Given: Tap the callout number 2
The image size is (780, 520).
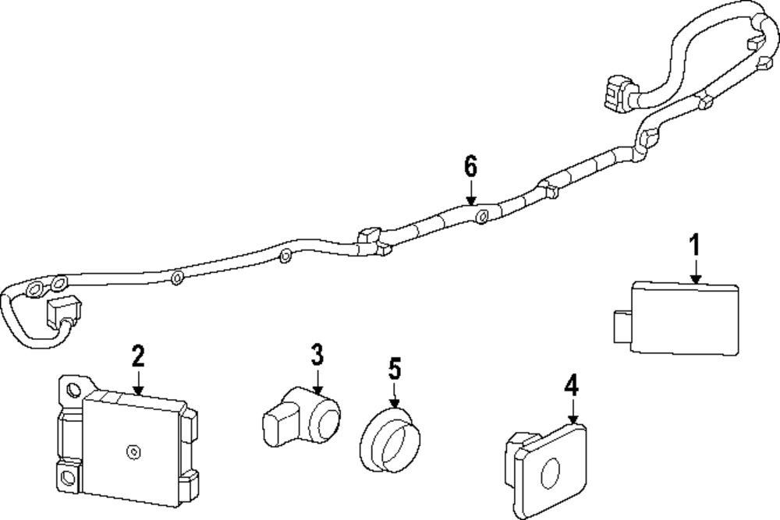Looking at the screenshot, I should point(138,357).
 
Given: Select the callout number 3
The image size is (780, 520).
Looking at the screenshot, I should point(316,356).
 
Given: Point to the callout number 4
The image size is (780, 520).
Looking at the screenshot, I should point(572,385).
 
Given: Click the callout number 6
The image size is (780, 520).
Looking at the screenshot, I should point(470,166).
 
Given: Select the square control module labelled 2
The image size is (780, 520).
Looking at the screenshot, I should point(133,445).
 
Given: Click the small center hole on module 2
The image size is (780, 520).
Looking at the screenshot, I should point(133,450).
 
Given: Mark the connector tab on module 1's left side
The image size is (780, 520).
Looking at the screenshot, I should point(621,326).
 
